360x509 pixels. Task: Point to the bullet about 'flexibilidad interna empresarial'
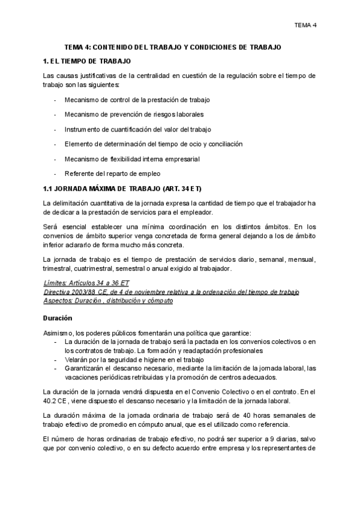point(132,159)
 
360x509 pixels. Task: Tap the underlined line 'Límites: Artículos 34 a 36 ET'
point(87,282)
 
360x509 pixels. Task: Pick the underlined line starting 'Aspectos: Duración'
point(109,300)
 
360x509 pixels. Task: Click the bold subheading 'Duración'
point(58,318)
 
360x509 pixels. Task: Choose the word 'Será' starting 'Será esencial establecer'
point(51,226)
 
